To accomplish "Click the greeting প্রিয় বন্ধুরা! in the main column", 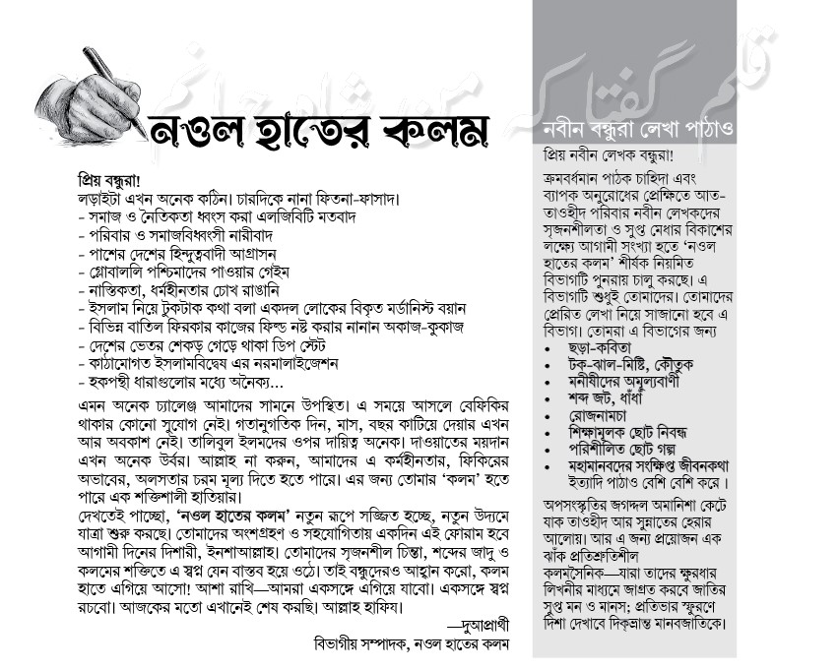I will [110, 180].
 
